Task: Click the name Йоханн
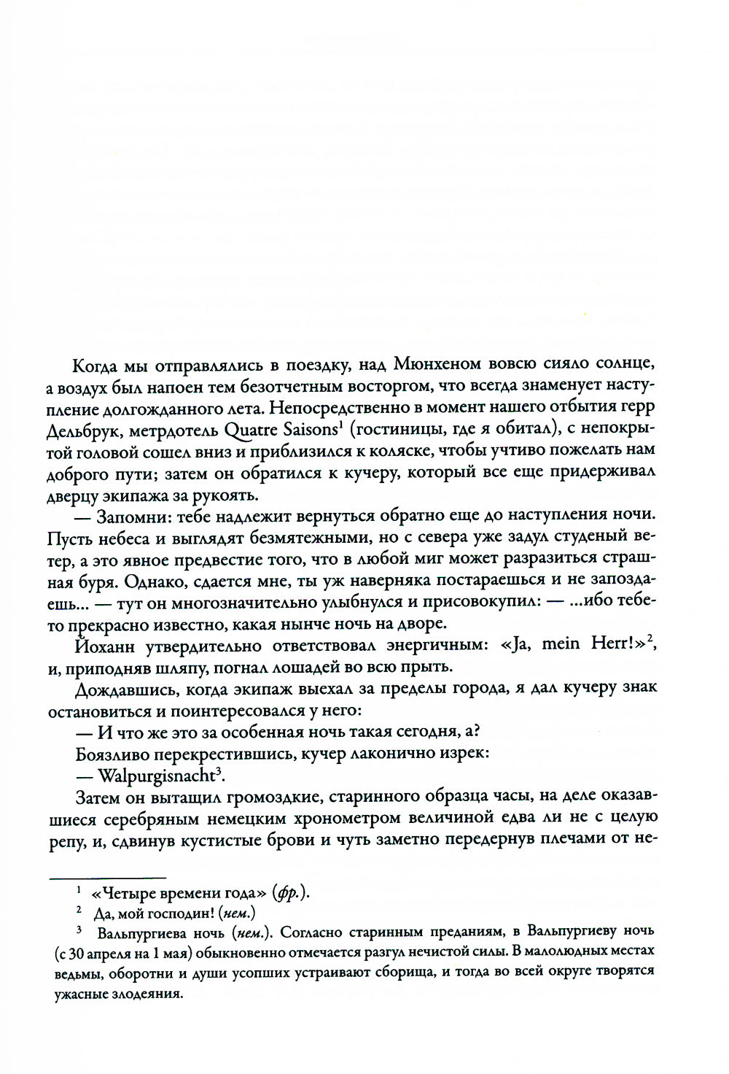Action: tap(106, 645)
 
